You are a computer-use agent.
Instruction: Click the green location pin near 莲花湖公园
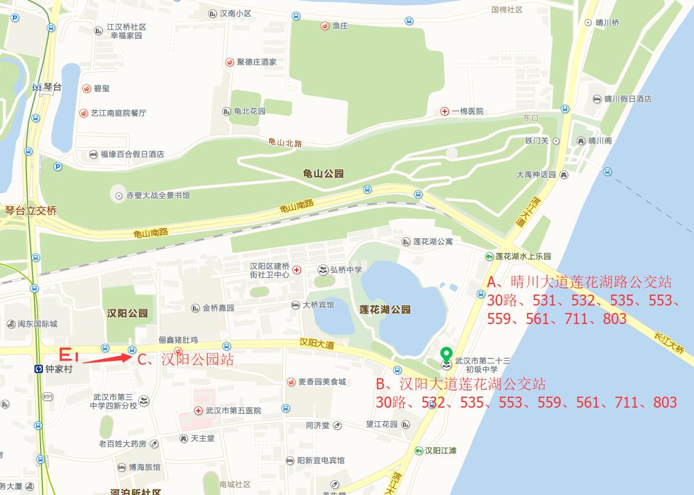447,354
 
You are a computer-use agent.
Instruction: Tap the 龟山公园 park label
323,174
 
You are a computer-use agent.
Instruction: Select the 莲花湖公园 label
385,309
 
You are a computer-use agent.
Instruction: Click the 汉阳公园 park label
128,313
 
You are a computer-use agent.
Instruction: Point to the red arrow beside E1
106,358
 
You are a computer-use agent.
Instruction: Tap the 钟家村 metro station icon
39,369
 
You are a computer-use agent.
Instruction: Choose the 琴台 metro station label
53,87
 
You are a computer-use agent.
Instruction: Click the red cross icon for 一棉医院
445,111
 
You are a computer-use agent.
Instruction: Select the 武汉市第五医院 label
233,410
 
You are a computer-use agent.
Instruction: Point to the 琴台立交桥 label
31,210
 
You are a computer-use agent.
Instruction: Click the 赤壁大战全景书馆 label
158,196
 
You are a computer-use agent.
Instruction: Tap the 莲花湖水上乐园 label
523,256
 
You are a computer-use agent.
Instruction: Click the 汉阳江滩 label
440,450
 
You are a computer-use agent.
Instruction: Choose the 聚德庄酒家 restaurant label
256,62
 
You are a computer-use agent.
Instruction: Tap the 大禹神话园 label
536,175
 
